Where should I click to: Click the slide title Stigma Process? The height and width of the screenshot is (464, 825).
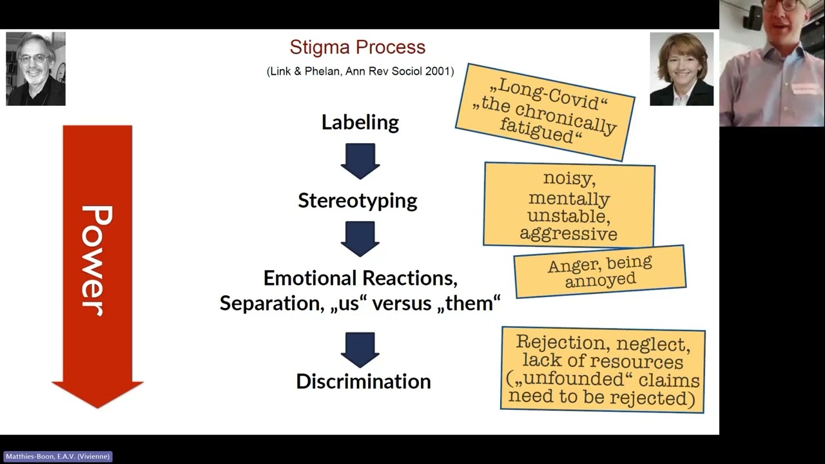(357, 47)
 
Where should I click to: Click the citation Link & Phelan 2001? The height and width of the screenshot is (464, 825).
(360, 72)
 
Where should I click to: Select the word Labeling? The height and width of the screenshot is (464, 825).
(360, 122)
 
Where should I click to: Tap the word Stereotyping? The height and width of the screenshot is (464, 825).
(357, 200)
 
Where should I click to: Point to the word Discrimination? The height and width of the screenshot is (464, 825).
(363, 382)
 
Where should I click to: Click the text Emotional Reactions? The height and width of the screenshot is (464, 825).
(360, 278)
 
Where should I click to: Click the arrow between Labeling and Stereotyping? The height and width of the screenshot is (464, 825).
(360, 161)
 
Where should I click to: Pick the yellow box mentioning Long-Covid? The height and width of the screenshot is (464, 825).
(545, 111)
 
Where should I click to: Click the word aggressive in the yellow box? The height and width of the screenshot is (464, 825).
(568, 233)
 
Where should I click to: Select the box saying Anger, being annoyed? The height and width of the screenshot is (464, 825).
(599, 271)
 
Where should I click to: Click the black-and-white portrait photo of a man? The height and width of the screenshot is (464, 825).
(35, 68)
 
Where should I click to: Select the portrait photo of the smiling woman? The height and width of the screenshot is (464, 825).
(681, 68)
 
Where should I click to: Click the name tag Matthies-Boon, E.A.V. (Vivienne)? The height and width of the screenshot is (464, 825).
(57, 456)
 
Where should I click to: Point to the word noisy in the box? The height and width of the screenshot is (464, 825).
(568, 177)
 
